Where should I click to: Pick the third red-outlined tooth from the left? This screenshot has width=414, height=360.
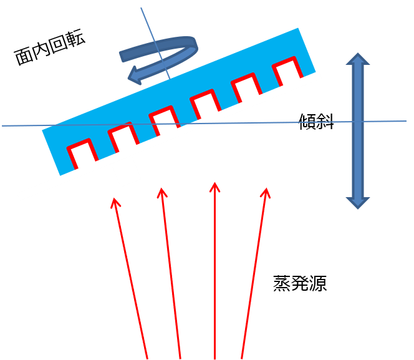[164, 121]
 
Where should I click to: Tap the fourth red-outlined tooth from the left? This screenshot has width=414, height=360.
[205, 104]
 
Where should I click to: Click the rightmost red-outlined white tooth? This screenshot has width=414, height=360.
[287, 72]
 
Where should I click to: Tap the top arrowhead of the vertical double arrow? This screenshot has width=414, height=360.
[358, 59]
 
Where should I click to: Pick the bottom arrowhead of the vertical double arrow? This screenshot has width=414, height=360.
[358, 203]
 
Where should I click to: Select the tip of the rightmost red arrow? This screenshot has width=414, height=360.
[267, 188]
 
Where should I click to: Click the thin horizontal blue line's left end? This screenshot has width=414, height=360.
[2, 125]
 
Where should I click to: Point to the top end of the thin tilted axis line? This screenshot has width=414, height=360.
[141, 8]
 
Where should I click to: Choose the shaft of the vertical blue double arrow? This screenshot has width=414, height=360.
[358, 131]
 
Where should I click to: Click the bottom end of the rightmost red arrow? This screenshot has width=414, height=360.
[242, 358]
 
